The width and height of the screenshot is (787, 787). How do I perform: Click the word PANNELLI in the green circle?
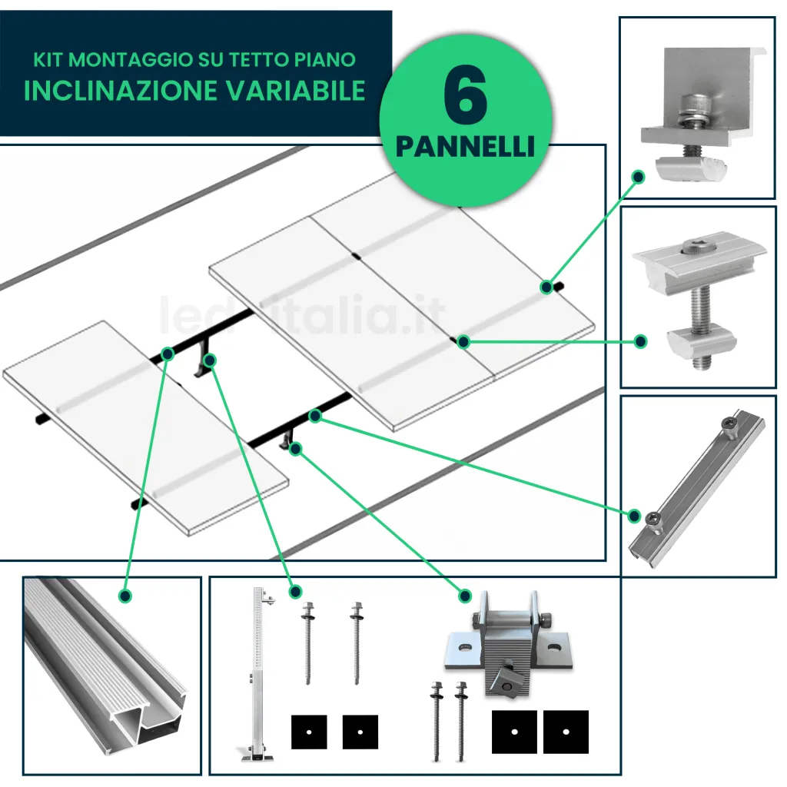(465, 146)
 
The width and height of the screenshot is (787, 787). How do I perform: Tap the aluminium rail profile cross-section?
(108, 676)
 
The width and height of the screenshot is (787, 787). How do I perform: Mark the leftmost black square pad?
(309, 732)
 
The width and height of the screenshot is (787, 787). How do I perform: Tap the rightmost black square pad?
(566, 732)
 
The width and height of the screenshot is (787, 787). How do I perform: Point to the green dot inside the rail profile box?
(125, 595)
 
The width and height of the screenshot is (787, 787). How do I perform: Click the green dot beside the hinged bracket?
(464, 596)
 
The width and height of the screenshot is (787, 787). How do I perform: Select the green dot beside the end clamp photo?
(637, 177)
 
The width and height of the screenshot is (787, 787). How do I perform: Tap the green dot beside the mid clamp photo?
(641, 340)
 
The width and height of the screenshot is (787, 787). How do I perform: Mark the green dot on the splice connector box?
(635, 515)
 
